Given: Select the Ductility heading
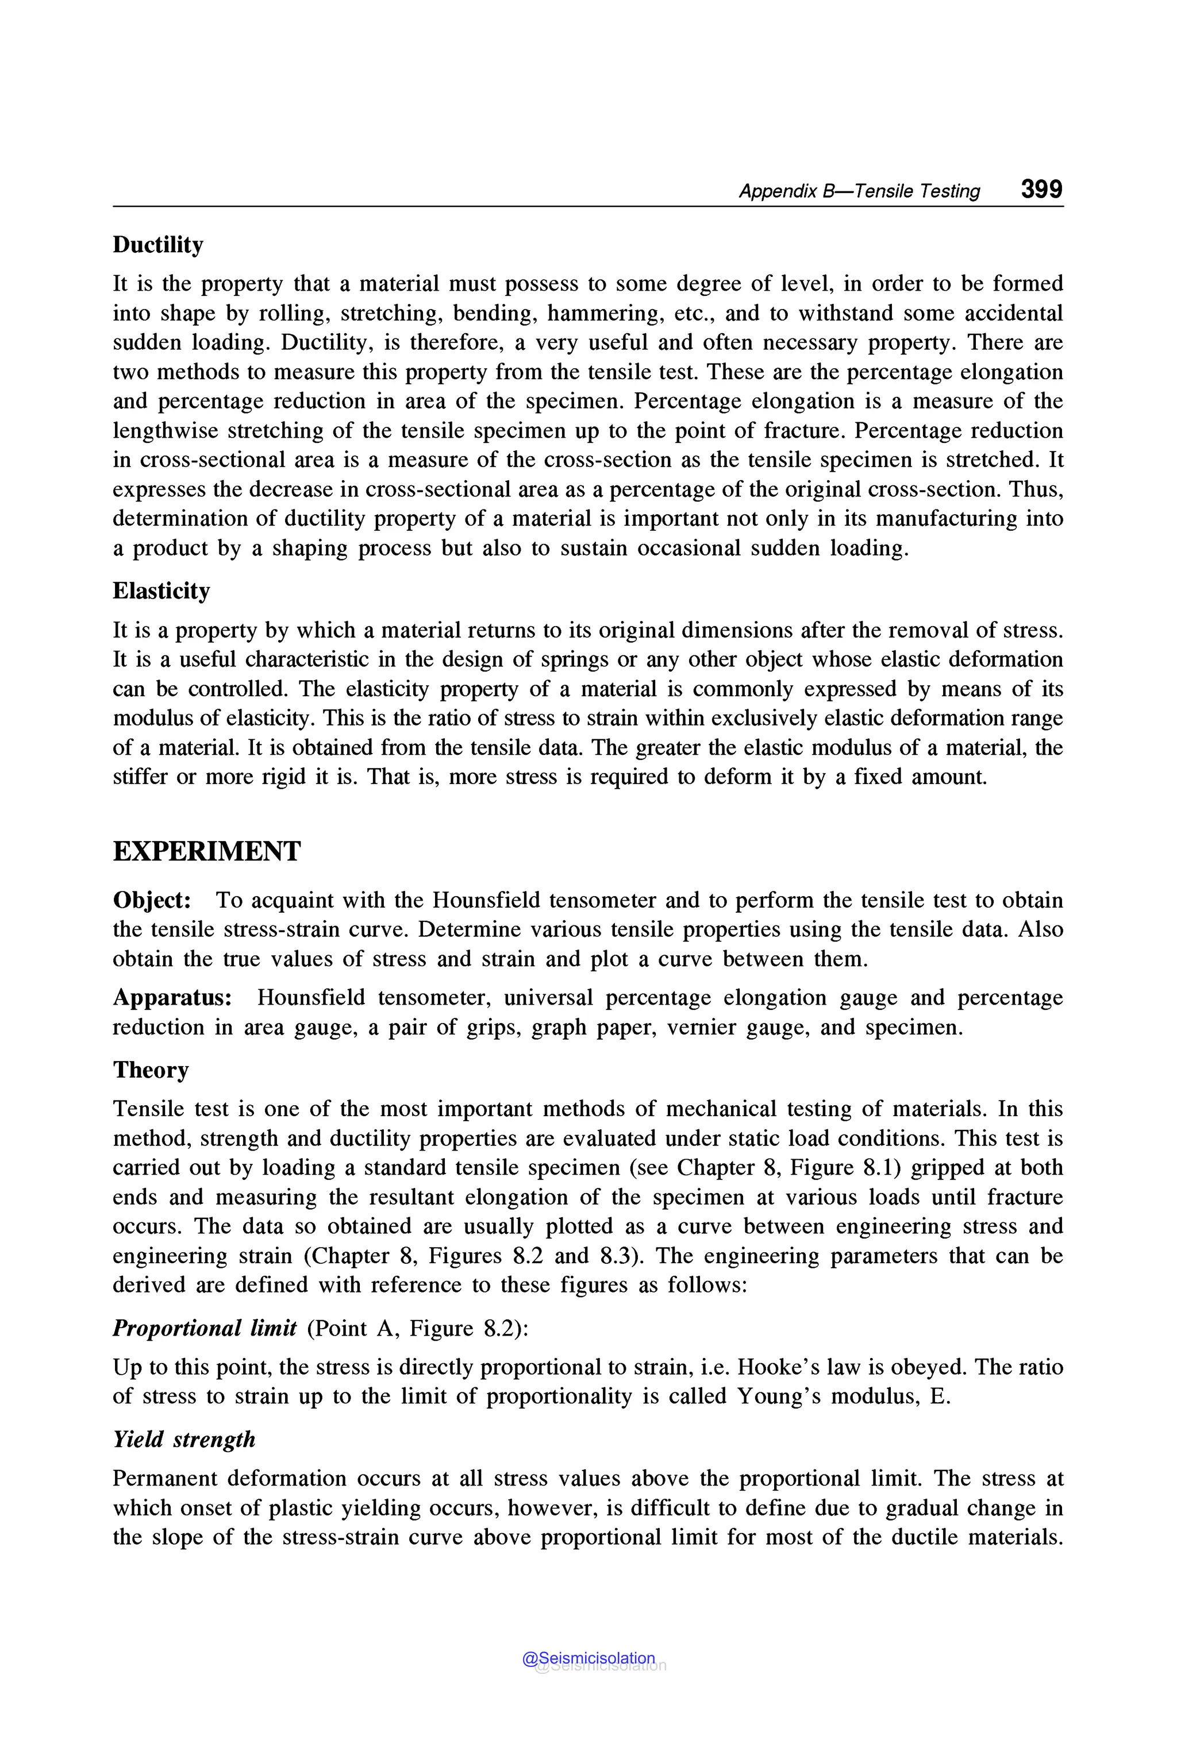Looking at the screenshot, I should (x=157, y=245).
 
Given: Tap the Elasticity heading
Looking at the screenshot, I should (x=161, y=591).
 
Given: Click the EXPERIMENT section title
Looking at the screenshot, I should (x=206, y=851).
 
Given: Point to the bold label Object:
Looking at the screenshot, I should (x=152, y=900).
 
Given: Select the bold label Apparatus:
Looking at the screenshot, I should (x=172, y=997).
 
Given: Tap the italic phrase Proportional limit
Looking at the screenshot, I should (x=204, y=1328).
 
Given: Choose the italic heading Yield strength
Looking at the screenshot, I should (x=184, y=1439).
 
